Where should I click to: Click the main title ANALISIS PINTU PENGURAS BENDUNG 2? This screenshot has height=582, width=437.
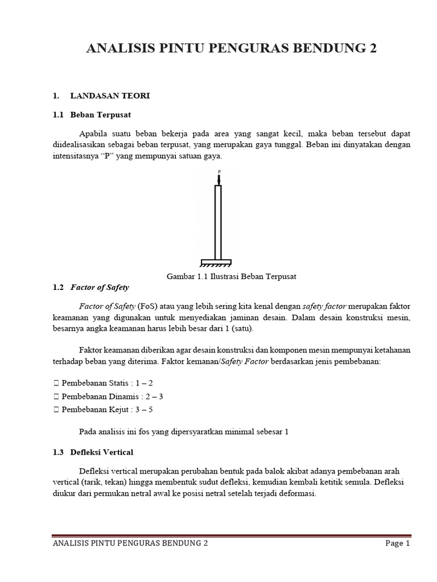tap(231, 49)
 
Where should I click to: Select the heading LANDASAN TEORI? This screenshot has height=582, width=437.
tap(109, 96)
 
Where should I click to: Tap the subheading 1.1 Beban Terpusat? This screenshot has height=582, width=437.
tap(92, 115)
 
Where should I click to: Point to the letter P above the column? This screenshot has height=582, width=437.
tap(218, 171)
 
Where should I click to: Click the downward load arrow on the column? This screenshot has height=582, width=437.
tap(218, 179)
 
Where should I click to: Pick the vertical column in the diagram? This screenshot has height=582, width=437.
tap(217, 222)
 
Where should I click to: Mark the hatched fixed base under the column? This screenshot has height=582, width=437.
tap(216, 263)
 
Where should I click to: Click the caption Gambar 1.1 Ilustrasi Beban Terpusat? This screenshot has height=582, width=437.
tap(232, 276)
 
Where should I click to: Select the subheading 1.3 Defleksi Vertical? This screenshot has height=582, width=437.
tap(93, 452)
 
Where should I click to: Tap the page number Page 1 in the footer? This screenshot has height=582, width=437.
tap(397, 543)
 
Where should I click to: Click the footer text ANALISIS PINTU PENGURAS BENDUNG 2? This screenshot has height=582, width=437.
tap(130, 543)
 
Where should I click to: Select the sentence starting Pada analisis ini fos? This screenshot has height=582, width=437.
tap(184, 431)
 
